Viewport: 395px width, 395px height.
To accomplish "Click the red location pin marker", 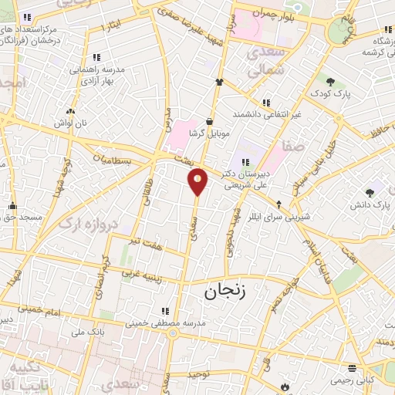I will [x=197, y=181].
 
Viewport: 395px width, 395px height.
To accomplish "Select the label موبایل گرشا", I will [x=210, y=132].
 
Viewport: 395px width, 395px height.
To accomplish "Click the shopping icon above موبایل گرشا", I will [x=210, y=120].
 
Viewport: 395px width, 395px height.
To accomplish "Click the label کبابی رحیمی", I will [x=351, y=380].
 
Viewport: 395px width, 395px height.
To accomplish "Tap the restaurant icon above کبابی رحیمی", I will [x=352, y=368].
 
